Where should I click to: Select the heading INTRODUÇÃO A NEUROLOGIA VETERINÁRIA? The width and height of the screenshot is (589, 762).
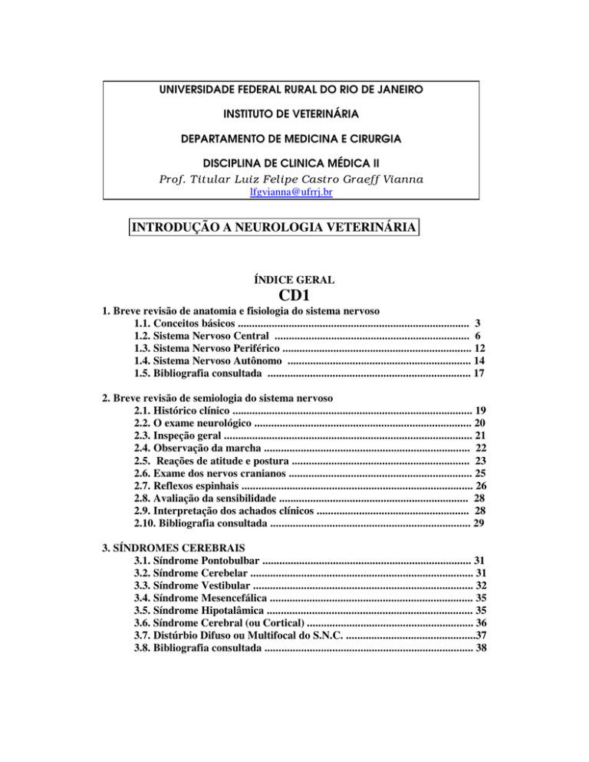(x=275, y=228)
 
